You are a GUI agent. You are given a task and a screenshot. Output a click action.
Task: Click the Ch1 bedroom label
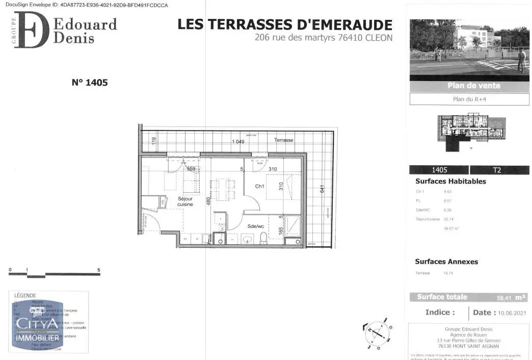pos(260,187)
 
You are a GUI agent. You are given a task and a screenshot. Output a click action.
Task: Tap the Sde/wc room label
pos(255,226)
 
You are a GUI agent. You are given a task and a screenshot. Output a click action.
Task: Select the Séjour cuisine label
pos(185,201)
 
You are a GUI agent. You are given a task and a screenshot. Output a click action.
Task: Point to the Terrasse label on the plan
pos(284,140)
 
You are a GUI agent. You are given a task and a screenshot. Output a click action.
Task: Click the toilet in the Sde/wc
pos(263,238)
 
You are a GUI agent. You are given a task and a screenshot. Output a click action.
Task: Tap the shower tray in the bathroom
pos(293,225)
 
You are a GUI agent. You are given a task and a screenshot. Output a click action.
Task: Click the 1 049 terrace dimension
pos(238,142)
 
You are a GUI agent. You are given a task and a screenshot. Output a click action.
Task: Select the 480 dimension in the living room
pos(208,201)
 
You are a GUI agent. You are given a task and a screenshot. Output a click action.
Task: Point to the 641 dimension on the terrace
pos(322,189)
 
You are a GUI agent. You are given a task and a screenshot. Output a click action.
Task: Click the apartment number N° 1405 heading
pos(90,82)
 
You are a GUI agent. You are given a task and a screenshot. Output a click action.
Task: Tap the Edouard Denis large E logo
pos(32,30)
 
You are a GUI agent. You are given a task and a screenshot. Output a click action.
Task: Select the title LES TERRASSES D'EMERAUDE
pos(285,24)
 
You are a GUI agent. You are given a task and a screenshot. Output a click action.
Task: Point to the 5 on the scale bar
pos(99,270)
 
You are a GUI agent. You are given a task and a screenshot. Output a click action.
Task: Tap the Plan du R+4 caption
pos(469,99)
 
